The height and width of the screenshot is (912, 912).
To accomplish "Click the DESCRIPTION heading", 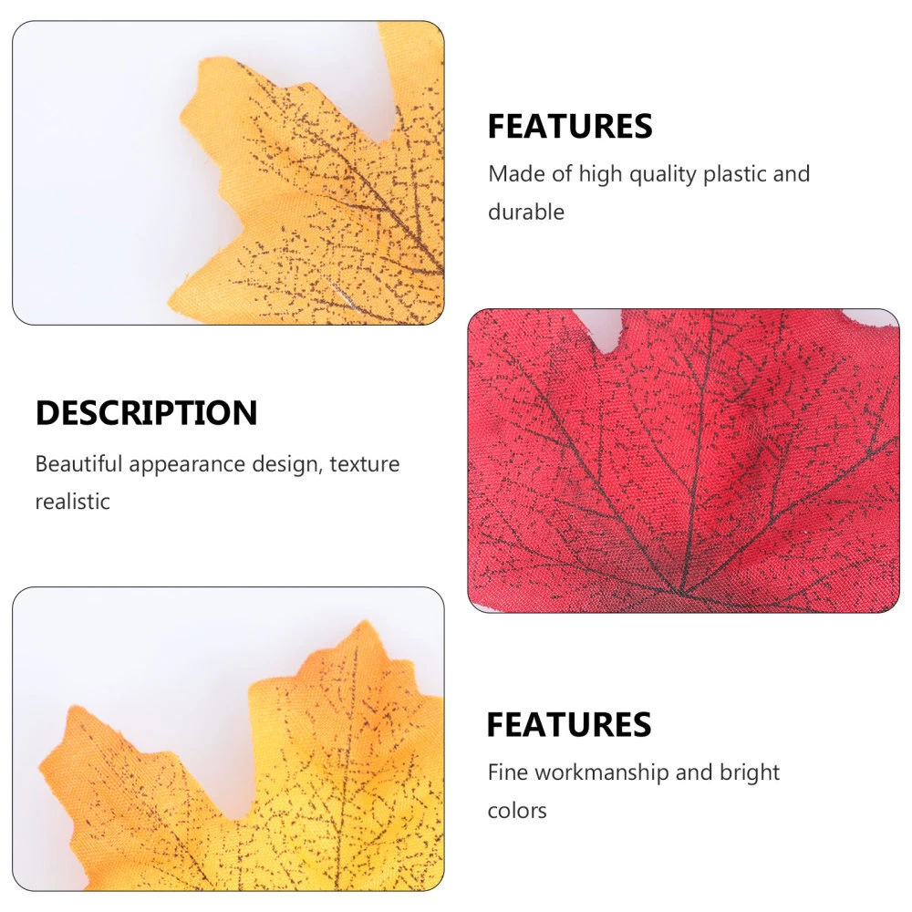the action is pyautogui.click(x=146, y=413).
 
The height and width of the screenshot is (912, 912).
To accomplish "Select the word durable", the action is pyautogui.click(x=526, y=212).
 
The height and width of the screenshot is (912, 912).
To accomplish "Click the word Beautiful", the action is pyautogui.click(x=78, y=464).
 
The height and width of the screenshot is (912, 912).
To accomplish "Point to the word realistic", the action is pyautogui.click(x=72, y=502).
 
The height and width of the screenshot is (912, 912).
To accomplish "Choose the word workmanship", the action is pyautogui.click(x=601, y=773).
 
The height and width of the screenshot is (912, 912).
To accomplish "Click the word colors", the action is pyautogui.click(x=516, y=811).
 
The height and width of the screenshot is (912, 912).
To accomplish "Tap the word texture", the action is pyautogui.click(x=364, y=464).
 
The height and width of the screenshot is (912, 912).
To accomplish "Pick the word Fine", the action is pyautogui.click(x=507, y=772).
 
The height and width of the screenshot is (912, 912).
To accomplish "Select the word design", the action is pyautogui.click(x=285, y=465).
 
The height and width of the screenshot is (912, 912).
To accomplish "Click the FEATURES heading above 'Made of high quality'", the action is pyautogui.click(x=570, y=127).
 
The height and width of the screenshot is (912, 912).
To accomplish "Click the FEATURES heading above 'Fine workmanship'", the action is pyautogui.click(x=569, y=725).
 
